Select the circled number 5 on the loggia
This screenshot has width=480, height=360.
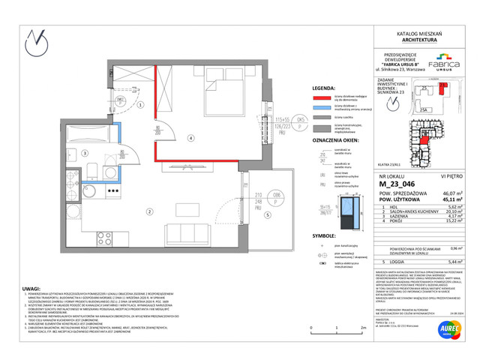(265, 214)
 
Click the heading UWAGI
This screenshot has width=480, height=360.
(32, 288)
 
